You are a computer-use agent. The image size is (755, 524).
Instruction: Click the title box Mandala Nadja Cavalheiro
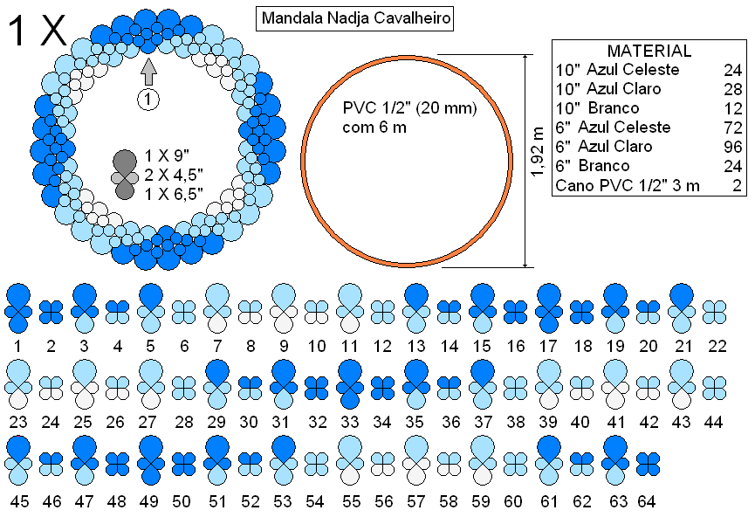pos(354,19)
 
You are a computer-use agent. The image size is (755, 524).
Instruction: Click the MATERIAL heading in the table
pos(649,51)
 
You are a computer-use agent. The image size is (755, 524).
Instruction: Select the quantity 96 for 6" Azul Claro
pos(733,147)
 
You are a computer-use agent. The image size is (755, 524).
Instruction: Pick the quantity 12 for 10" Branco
pos(733,108)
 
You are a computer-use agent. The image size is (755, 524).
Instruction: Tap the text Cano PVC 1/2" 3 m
pos(628,185)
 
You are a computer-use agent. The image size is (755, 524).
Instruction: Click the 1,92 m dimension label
pos(538,152)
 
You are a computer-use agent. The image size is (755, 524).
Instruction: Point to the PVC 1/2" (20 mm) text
pos(409,107)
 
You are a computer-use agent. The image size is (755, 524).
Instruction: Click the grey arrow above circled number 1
pos(149,72)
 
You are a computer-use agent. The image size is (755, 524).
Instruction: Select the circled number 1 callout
pos(148,100)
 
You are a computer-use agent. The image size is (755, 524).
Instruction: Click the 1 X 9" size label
pos(167,156)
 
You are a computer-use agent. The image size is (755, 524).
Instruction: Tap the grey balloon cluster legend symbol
pos(125,175)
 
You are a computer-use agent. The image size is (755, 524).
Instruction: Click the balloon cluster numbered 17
pos(548,308)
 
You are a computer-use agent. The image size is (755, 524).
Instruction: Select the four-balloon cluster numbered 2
pos(51,312)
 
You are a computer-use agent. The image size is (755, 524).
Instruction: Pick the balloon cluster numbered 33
pos(350,384)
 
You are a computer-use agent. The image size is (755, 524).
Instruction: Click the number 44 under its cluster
pos(714,422)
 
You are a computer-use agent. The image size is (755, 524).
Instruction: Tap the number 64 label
pos(647,501)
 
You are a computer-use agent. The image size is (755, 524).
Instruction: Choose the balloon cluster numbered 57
pos(416,460)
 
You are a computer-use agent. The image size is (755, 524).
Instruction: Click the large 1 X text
pos(37,31)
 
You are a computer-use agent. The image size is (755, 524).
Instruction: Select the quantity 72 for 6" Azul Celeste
pos(733,128)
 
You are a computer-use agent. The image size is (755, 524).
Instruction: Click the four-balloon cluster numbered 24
pos(51,388)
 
